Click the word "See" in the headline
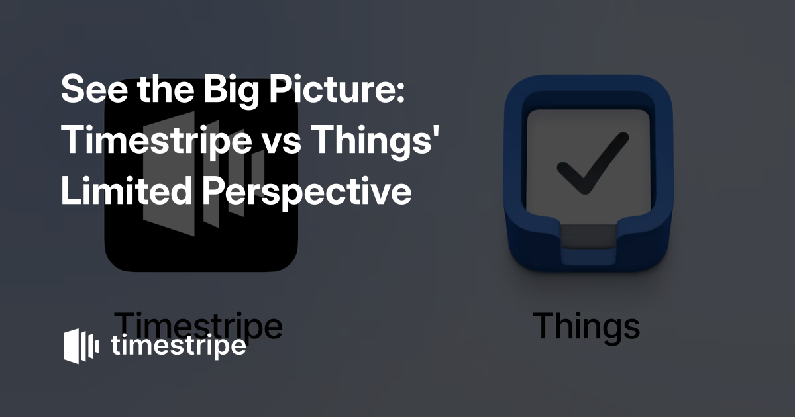tap(94, 89)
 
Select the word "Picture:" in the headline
tap(337, 89)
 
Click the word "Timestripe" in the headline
tap(156, 141)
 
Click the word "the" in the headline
tap(166, 89)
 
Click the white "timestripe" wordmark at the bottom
tap(178, 346)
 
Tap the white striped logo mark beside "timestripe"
tap(81, 346)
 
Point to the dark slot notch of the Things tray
tap(588, 236)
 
